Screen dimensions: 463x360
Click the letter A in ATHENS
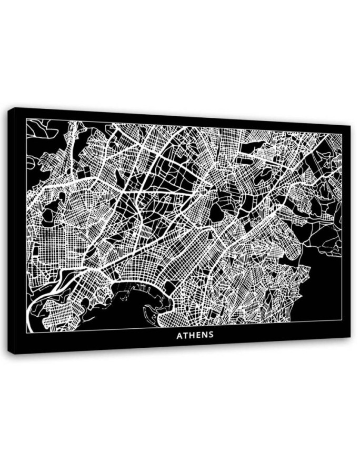(x=179, y=335)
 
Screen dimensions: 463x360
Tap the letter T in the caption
(x=186, y=335)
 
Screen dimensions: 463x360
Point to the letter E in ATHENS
(x=199, y=335)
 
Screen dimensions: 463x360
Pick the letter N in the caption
(x=205, y=335)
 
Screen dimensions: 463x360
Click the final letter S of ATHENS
(x=212, y=335)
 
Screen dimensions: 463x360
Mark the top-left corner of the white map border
(x=26, y=119)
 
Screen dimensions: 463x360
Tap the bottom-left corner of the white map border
(x=26, y=333)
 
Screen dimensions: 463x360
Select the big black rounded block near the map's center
(x=216, y=213)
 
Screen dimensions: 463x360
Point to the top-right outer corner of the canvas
(x=351, y=125)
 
